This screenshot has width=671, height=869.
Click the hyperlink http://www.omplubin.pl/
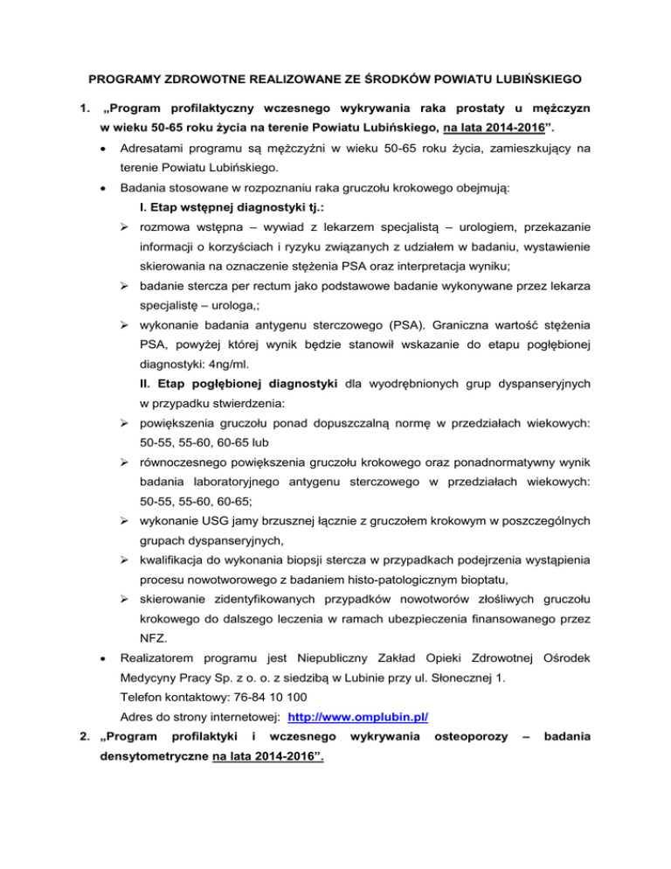[357, 718]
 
